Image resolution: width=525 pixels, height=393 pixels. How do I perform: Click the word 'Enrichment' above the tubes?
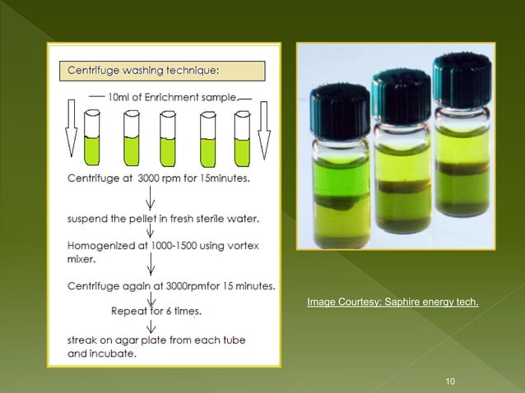pyautogui.click(x=176, y=96)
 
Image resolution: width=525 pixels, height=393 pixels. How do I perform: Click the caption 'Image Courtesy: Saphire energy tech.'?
pyautogui.click(x=393, y=303)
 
